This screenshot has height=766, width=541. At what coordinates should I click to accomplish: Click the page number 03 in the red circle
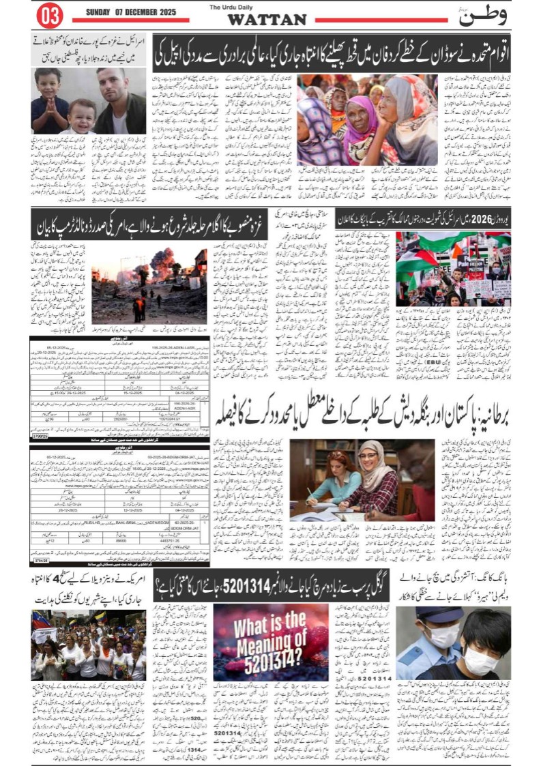[50, 14]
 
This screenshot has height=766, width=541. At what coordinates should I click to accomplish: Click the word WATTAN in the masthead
[267, 20]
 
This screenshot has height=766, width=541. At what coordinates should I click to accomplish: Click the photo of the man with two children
[89, 101]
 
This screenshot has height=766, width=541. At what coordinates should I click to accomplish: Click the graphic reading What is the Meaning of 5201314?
[271, 641]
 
